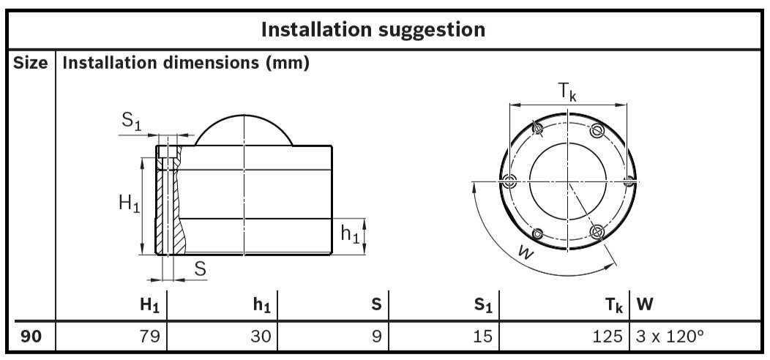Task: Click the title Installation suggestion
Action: click(x=373, y=29)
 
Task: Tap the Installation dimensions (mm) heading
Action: click(x=186, y=64)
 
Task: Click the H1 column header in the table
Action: click(x=150, y=304)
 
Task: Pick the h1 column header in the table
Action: click(x=261, y=304)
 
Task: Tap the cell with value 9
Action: click(x=376, y=337)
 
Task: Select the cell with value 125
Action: click(x=608, y=337)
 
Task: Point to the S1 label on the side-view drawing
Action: click(x=131, y=122)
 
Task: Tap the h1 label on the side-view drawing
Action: click(x=351, y=235)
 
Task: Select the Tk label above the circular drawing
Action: click(x=568, y=92)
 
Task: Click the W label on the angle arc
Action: click(x=523, y=252)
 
